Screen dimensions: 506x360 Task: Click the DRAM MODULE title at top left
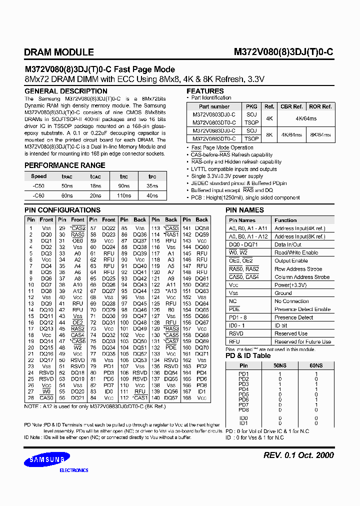(x=59, y=52)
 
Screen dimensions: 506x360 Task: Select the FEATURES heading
(x=205, y=91)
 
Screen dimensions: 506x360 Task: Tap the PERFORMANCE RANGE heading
(x=65, y=165)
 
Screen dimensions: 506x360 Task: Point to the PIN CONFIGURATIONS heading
(x=62, y=210)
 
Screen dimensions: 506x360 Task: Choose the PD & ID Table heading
(x=248, y=355)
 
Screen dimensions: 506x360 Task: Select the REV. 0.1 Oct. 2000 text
(x=298, y=455)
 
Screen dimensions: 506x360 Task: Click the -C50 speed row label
(x=38, y=186)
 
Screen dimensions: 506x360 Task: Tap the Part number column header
(x=214, y=106)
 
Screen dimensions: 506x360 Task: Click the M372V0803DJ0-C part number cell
(x=214, y=114)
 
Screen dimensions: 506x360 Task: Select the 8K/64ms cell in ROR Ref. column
(x=320, y=134)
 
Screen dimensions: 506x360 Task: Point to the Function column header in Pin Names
(x=285, y=220)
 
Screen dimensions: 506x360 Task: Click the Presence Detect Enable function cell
(x=302, y=309)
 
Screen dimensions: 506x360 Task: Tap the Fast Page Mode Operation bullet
(x=222, y=148)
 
